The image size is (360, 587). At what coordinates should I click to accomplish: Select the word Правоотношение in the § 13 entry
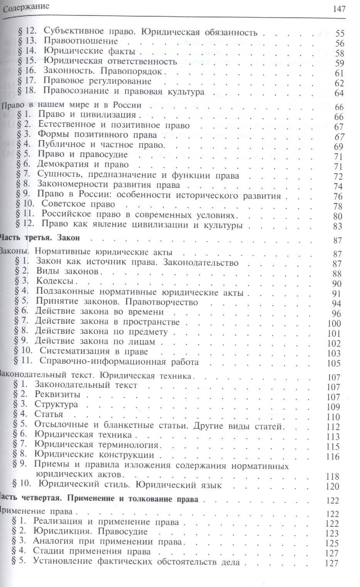click(x=81, y=41)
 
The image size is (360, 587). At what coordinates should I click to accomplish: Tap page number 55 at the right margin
click(x=340, y=34)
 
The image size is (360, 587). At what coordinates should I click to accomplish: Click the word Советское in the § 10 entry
click(x=61, y=204)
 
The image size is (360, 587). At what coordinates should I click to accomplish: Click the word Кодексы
click(x=54, y=281)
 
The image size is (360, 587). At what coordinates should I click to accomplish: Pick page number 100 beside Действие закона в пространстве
click(x=334, y=323)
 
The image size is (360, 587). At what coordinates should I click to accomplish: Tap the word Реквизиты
click(x=57, y=394)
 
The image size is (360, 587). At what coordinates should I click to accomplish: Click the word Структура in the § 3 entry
click(x=56, y=404)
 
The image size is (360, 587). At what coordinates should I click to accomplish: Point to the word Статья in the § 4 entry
click(x=49, y=414)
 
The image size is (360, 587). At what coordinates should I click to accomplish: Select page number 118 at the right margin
click(x=333, y=476)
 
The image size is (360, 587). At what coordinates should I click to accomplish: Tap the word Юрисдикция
click(x=60, y=531)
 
